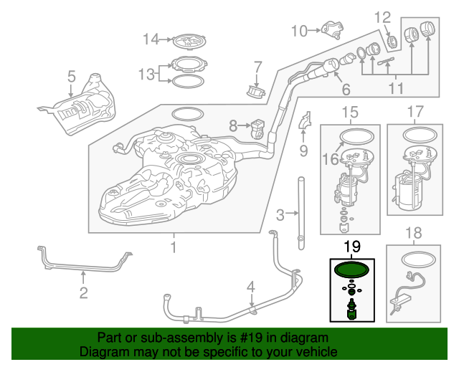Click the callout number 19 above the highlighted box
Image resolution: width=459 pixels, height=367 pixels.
[351, 247]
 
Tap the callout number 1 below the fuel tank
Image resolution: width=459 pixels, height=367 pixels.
[173, 247]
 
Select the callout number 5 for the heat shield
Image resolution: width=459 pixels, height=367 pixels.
[71, 76]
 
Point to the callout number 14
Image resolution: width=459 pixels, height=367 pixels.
[149, 39]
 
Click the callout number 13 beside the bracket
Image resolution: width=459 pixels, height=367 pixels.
[146, 74]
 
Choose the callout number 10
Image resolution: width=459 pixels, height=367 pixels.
[298, 30]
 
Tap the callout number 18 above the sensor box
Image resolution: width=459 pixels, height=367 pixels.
[415, 233]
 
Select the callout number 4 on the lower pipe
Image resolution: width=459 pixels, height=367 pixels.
[250, 288]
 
